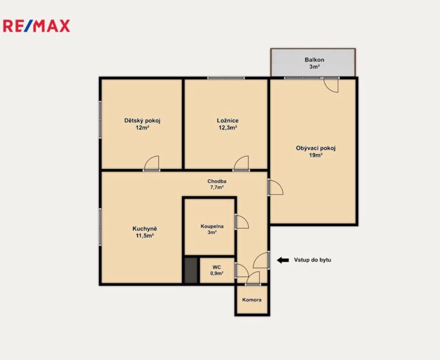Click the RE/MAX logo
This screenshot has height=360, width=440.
[x=37, y=26]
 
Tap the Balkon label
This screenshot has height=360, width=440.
[x=315, y=60]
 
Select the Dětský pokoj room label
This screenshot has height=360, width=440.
[x=142, y=121]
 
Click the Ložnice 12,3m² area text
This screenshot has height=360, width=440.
[x=228, y=128]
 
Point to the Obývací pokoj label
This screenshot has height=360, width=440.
[x=316, y=148]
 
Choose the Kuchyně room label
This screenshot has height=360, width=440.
[x=145, y=229]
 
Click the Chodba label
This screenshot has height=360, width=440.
[x=217, y=181]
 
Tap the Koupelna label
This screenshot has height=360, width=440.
[x=212, y=226]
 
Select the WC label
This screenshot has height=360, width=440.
[x=217, y=267]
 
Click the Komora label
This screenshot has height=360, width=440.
[x=252, y=300]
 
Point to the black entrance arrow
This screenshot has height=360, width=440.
[x=283, y=260]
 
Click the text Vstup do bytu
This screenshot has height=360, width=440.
[x=313, y=260]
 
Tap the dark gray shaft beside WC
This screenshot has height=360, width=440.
[x=192, y=270]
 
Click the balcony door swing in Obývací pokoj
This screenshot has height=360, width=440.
[x=331, y=85]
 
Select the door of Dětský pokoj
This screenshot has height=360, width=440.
[x=152, y=163]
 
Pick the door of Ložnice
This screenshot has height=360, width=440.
[x=241, y=163]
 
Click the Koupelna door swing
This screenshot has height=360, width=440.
[x=242, y=222]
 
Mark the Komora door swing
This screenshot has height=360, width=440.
[x=253, y=278]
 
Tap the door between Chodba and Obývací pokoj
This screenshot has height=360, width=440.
[x=275, y=187]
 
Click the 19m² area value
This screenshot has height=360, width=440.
[x=316, y=156]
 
